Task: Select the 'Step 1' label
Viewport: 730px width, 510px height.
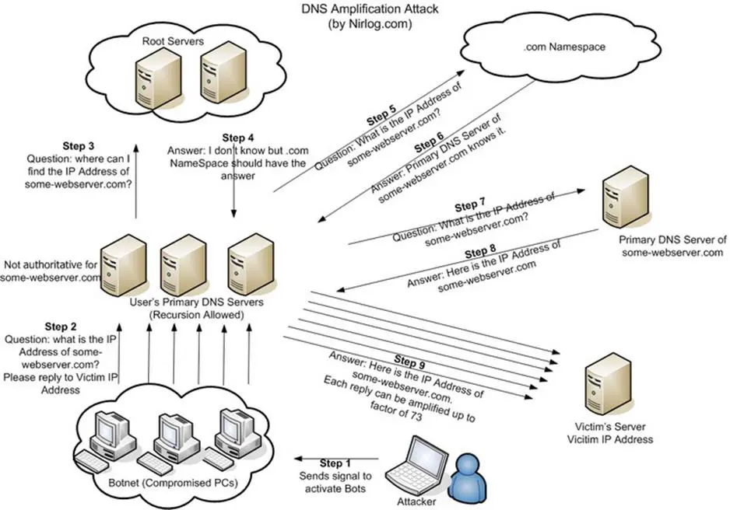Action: pyautogui.click(x=324, y=463)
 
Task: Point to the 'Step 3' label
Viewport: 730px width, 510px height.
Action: pyautogui.click(x=81, y=145)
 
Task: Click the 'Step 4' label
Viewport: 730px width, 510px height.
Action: pyautogui.click(x=232, y=137)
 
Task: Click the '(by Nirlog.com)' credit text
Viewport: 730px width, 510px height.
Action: pyautogui.click(x=362, y=23)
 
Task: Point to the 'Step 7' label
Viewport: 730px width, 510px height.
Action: pyautogui.click(x=467, y=206)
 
